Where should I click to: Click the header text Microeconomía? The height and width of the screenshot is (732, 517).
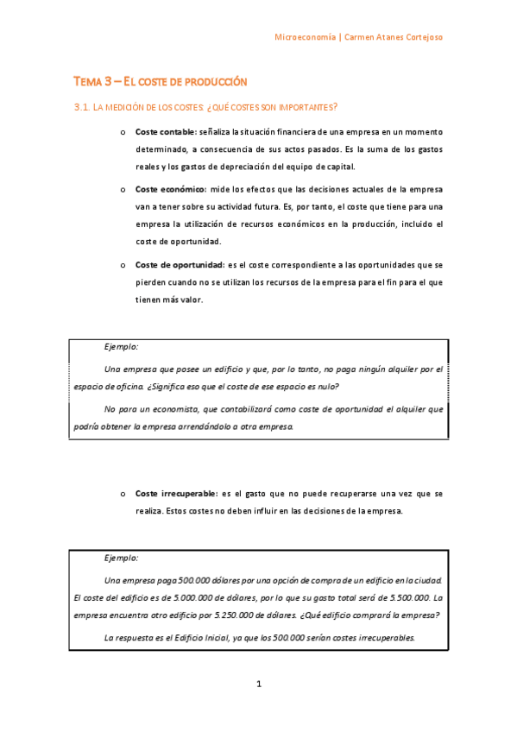(306, 38)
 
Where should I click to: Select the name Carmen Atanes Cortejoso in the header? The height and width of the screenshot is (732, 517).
(394, 38)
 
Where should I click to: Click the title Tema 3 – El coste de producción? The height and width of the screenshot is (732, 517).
(161, 81)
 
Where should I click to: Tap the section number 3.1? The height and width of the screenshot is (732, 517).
(82, 107)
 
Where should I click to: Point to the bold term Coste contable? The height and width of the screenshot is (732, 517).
(165, 132)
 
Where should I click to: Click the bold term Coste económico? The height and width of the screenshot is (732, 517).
(168, 188)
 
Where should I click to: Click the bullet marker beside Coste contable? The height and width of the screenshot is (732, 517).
(123, 132)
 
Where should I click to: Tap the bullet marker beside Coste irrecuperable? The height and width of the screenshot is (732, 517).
(123, 494)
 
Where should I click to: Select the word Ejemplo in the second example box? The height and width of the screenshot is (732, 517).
(121, 558)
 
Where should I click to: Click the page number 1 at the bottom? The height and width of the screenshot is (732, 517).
(258, 684)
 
